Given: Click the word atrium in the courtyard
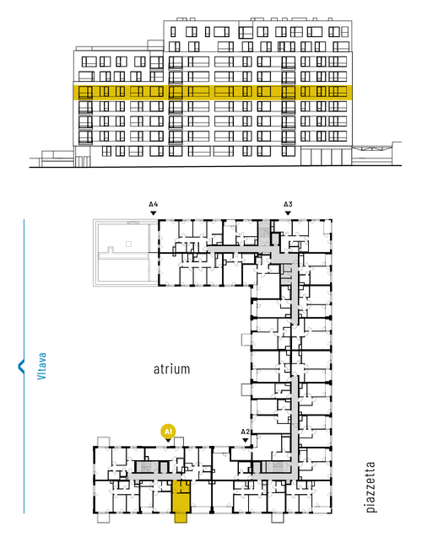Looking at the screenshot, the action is (171, 369).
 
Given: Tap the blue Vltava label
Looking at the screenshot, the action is (42, 366).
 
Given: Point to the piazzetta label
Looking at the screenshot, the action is (371, 487).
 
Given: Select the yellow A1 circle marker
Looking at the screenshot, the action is (168, 432).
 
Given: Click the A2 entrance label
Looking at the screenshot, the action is (246, 432).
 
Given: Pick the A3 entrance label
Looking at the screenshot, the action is (288, 205).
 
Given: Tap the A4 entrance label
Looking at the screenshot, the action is (154, 205).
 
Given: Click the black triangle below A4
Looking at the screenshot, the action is (154, 213).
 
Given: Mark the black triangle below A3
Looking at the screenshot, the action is (288, 213).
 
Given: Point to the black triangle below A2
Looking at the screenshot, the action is (246, 440).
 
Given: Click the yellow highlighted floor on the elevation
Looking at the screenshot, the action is (213, 92).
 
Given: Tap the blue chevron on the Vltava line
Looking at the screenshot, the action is (21, 366).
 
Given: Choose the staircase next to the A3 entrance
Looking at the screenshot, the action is (264, 230).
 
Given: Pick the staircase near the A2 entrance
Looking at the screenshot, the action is (278, 466).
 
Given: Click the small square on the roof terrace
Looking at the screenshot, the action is (128, 244).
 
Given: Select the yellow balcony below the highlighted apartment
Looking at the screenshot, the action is (181, 518).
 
